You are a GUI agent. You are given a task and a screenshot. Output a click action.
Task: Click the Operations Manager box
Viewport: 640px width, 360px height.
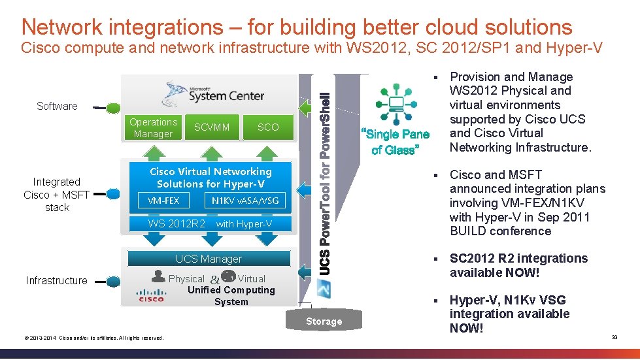point(153,128)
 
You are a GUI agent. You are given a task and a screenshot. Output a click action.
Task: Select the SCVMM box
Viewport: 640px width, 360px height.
point(212,127)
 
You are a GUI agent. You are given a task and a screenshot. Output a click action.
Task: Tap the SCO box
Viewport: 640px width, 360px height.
point(267,127)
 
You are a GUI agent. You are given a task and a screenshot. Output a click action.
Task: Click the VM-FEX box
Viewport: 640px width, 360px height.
point(163,201)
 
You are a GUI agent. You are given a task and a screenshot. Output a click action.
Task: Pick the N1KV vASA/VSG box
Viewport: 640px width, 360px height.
point(245,201)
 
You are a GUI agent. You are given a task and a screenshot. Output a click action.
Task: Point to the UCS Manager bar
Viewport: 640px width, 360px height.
point(209,259)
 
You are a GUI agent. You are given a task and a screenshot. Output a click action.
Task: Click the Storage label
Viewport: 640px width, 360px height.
point(324,321)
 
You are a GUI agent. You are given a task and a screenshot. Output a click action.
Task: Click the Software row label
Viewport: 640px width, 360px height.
point(57,106)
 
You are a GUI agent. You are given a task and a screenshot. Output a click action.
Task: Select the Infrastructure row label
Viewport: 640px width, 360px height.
point(56,280)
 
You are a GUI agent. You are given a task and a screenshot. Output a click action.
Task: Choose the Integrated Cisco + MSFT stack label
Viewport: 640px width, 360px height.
point(56,195)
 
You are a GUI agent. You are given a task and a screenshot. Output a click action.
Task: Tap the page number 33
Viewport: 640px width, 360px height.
point(614,337)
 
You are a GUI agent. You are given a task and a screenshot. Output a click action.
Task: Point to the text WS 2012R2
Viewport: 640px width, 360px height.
point(177,224)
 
